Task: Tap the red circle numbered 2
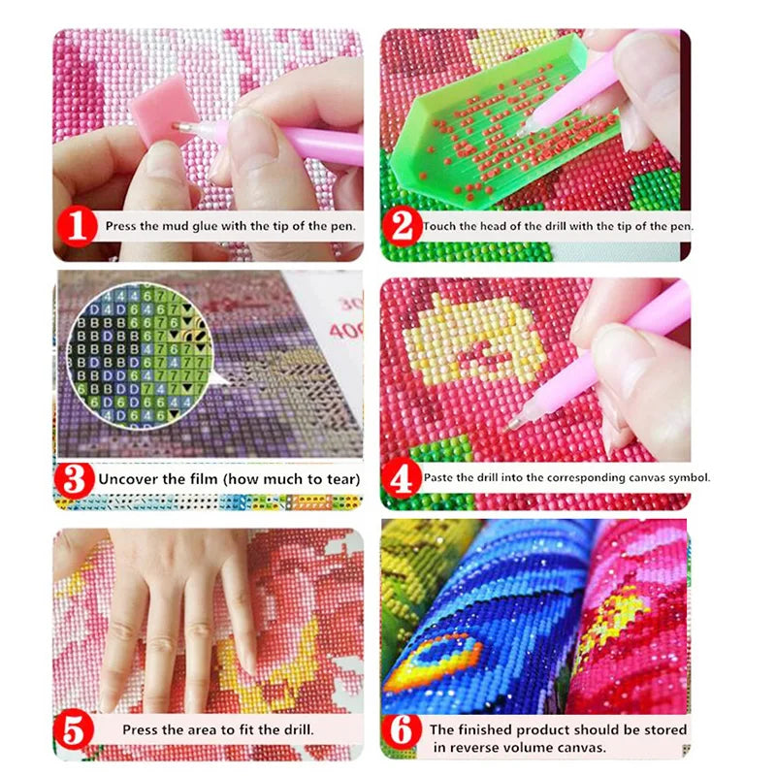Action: (400, 227)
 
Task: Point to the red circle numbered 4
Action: (400, 477)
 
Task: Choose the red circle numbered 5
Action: (77, 728)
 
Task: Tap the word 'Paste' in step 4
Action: (439, 477)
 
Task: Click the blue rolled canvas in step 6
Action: (485, 621)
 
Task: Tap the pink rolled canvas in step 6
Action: (630, 621)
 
